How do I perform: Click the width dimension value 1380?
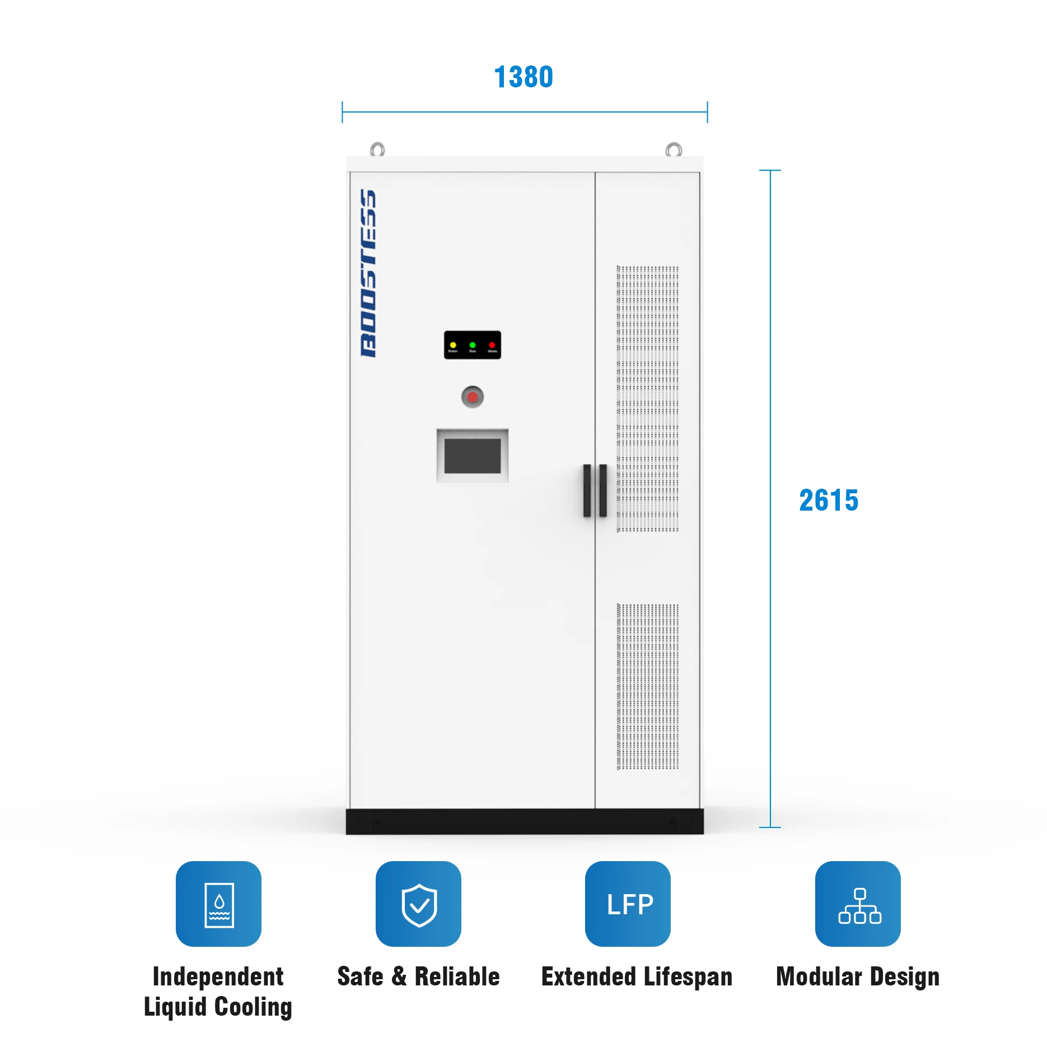[x=523, y=77]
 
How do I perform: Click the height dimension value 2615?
[x=828, y=500]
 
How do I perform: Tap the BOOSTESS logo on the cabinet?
[x=368, y=273]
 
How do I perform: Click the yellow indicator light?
[x=453, y=345]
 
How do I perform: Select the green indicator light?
[x=473, y=345]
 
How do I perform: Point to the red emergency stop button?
[x=473, y=397]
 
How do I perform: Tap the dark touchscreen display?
[x=473, y=456]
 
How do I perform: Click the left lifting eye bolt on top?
[x=377, y=149]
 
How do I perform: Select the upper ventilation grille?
[x=647, y=399]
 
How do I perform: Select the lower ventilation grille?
[x=647, y=686]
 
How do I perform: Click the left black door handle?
[x=587, y=490]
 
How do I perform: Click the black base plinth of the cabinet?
[x=524, y=821]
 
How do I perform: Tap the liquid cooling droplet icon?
[x=219, y=904]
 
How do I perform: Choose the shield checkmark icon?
[x=419, y=904]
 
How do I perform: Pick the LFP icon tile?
[x=628, y=904]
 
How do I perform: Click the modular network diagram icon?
[x=858, y=904]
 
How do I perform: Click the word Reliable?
[x=457, y=976]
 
